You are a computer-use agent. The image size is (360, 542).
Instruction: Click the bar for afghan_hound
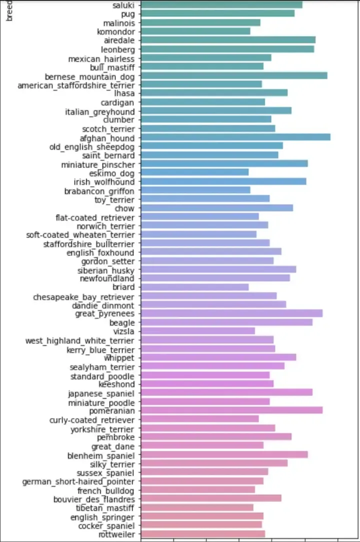(x=235, y=137)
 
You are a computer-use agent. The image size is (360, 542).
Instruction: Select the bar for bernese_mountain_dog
(x=233, y=75)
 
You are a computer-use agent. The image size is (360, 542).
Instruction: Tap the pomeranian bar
(x=231, y=410)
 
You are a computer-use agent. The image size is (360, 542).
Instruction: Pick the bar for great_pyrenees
(x=231, y=313)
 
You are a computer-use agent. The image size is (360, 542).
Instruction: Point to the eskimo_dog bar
(x=194, y=172)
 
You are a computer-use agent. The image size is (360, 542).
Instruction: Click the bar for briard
(x=194, y=287)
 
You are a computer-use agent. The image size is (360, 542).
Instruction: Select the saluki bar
(x=221, y=4)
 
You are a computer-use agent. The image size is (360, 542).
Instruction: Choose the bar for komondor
(x=195, y=31)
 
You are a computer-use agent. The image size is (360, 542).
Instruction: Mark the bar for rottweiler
(x=202, y=534)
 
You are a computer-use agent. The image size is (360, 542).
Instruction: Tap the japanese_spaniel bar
(x=226, y=392)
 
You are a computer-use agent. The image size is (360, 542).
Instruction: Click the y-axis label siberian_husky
(x=106, y=270)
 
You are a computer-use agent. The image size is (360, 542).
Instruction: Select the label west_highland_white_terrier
(x=80, y=341)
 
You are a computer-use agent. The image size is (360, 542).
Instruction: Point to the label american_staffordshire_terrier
(x=76, y=85)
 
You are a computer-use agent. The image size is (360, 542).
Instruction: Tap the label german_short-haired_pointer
(x=78, y=481)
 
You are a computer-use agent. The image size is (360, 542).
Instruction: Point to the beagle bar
(x=226, y=322)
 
